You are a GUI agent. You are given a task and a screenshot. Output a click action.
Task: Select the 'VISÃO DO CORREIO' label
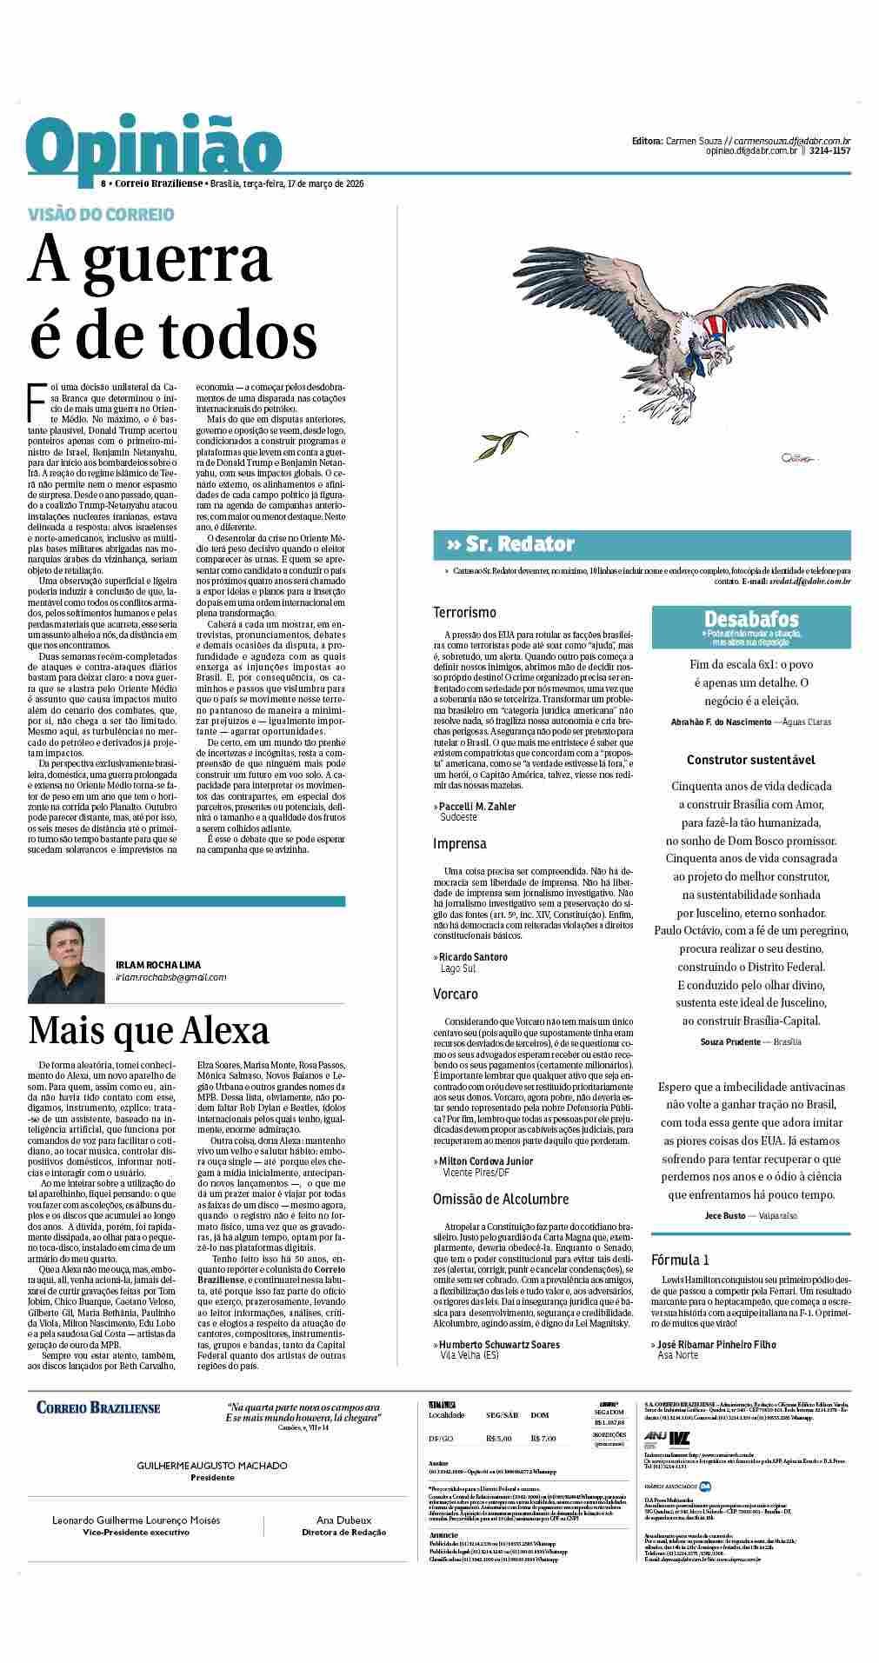point(101,214)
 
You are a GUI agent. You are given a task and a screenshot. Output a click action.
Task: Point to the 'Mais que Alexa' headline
point(149,1030)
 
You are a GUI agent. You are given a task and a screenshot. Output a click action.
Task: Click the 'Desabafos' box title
point(751,619)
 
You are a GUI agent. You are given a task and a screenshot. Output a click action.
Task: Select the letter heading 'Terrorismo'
point(464,613)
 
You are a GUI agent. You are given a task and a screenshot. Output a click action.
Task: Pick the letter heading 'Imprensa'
point(460,843)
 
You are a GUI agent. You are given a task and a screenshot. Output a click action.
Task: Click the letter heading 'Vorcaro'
point(456,994)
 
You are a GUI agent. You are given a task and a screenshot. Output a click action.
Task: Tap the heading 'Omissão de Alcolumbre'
point(500,1199)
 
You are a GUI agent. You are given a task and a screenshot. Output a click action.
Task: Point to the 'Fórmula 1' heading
point(680,1260)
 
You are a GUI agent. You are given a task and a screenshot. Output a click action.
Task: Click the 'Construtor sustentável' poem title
point(750,759)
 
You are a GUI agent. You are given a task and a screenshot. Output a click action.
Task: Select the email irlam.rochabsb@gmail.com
point(170,977)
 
